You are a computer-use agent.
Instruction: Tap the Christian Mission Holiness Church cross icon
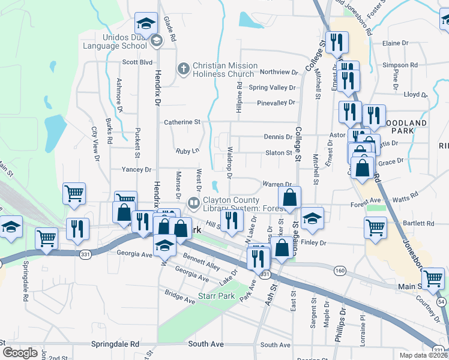point(184,70)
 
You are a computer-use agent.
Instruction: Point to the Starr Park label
point(216,296)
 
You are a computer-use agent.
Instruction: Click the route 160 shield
point(340,271)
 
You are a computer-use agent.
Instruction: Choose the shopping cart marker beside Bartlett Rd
point(375,228)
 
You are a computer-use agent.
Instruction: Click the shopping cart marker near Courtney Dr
point(433,278)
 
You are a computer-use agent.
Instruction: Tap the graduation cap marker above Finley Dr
point(312,219)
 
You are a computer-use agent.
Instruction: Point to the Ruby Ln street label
point(187,151)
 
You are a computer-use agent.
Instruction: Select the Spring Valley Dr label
point(272,88)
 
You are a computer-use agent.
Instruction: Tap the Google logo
point(20,353)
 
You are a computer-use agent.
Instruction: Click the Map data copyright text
point(423,355)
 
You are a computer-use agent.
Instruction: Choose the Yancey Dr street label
point(136,170)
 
